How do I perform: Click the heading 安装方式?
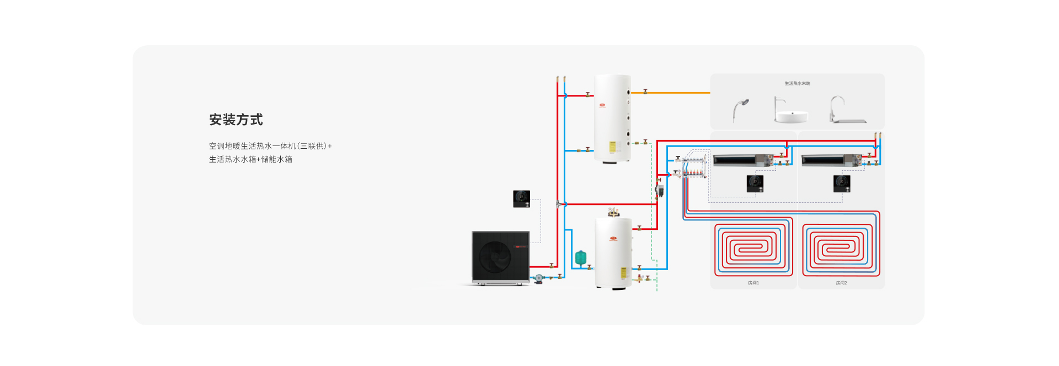click(236, 120)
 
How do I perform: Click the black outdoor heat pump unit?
click(500, 257)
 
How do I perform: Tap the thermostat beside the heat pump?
click(521, 198)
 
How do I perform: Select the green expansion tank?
click(580, 257)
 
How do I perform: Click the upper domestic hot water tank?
click(612, 119)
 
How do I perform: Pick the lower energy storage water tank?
click(613, 252)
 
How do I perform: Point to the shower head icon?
click(740, 109)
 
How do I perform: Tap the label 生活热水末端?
click(797, 84)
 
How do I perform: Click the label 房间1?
click(753, 283)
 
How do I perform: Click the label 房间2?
click(841, 283)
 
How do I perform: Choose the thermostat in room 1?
click(755, 183)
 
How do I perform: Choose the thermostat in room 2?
click(842, 183)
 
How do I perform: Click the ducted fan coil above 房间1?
click(742, 160)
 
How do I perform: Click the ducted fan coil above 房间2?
click(830, 160)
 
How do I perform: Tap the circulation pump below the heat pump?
click(539, 279)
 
